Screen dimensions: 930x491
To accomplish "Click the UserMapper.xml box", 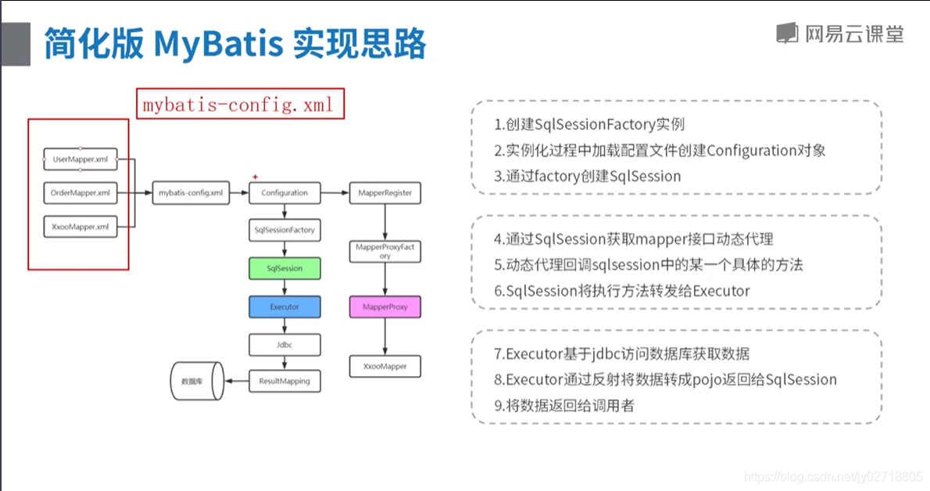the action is [x=80, y=159].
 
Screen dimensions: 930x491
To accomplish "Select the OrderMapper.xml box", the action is [x=80, y=193].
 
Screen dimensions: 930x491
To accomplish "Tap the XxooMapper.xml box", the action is [x=80, y=227].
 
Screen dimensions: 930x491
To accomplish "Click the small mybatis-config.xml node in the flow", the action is [x=191, y=193].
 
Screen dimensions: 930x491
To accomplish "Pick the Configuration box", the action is [x=284, y=193].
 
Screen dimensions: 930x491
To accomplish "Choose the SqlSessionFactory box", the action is [x=284, y=230].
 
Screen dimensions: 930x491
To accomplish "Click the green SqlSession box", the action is [x=284, y=268].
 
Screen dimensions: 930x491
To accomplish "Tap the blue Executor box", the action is [x=284, y=307].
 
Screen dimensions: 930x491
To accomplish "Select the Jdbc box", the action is [x=284, y=345].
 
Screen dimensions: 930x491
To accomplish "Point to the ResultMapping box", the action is [x=284, y=382].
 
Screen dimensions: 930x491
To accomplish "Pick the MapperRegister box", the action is [x=385, y=193].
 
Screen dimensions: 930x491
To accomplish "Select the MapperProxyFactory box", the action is [x=385, y=251].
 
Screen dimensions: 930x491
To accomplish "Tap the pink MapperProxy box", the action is [x=385, y=307].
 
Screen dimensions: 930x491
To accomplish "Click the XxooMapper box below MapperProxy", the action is [x=385, y=367].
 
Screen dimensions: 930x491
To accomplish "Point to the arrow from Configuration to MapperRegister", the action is [x=335, y=193].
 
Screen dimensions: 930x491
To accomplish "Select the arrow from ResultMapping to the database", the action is [x=237, y=382].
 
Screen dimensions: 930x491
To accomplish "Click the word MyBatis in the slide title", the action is [x=218, y=44].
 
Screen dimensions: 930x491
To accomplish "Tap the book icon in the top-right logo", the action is [x=787, y=34].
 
